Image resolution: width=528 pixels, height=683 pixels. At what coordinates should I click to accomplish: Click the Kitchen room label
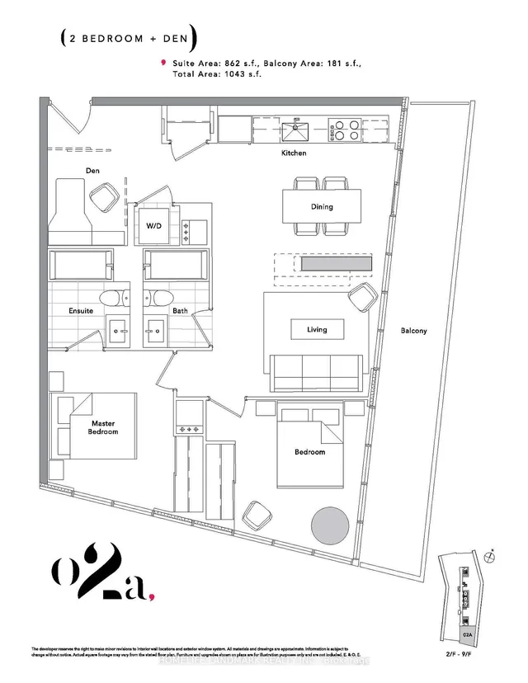coord(293,153)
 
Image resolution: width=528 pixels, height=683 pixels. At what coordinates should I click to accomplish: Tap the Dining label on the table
coord(322,206)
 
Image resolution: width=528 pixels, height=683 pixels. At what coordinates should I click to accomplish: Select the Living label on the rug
coord(317,329)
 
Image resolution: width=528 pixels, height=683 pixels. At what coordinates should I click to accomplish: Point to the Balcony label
coord(413,331)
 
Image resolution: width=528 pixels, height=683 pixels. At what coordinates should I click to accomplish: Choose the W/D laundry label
coord(154,225)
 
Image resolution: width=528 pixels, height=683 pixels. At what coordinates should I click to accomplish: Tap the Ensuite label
coord(80,310)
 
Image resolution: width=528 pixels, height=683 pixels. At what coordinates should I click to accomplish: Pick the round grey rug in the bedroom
coord(330,524)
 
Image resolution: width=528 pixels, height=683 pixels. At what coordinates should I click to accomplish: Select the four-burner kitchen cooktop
coord(344,130)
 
